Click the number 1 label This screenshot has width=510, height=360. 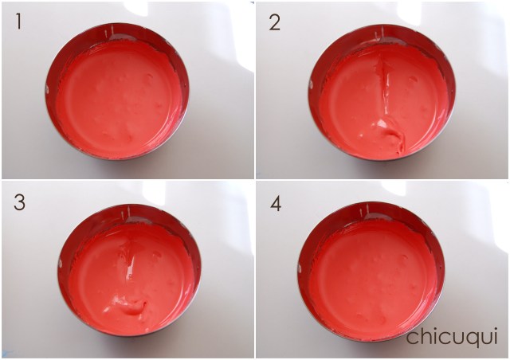point(18,22)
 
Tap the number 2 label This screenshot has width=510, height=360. point(274,23)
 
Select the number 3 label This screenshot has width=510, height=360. point(19,202)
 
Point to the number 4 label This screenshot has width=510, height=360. point(276,204)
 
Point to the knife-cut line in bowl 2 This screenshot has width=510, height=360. point(385,86)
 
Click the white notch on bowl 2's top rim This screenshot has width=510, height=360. point(381,32)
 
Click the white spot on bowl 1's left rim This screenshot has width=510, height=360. point(47,88)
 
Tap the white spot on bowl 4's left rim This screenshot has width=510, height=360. point(300,268)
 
